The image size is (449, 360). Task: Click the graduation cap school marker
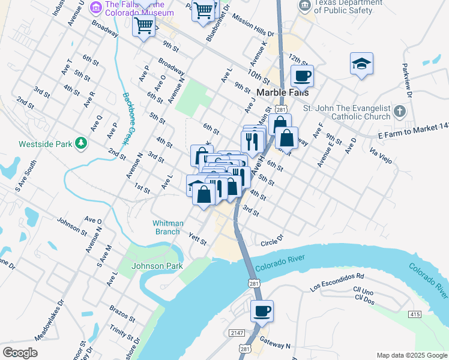[x=361, y=64]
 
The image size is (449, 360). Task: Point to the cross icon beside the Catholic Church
[x=400, y=112]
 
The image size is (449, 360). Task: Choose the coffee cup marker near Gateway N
[x=262, y=311]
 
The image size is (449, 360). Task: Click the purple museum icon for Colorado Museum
[x=95, y=7]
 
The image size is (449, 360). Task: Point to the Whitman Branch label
[x=166, y=227]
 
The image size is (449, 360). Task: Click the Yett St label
[x=197, y=240]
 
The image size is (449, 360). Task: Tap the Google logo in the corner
[x=20, y=353]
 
